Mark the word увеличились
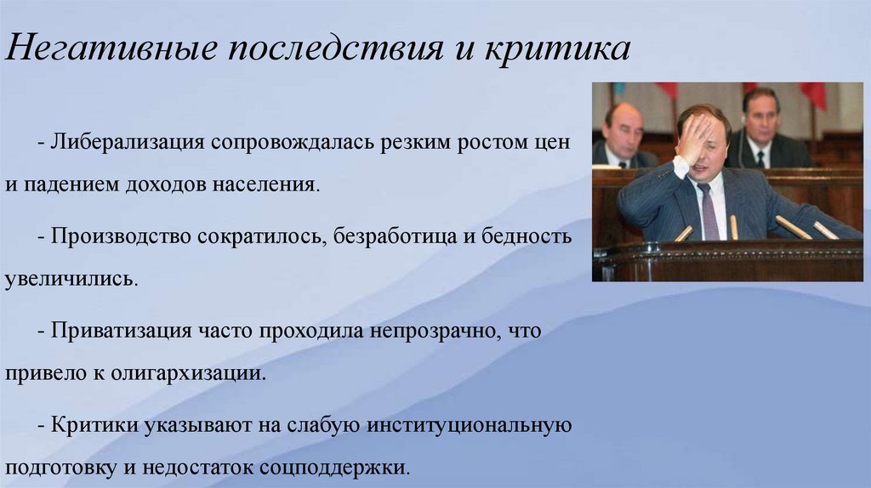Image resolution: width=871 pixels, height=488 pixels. (70, 279)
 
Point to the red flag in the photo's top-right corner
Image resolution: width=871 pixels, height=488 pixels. (814, 94)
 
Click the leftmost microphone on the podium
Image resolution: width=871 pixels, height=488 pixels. (684, 232)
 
